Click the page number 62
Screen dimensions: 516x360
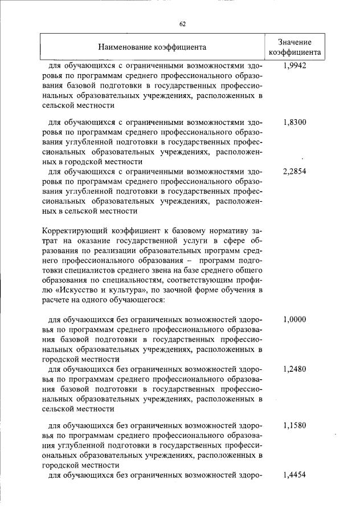183,24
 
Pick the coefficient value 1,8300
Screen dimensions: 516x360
294,122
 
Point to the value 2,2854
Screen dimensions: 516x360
294,172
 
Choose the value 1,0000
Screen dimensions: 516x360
294,319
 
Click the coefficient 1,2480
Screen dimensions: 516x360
294,369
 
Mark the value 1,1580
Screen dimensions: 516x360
294,425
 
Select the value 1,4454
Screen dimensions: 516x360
294,475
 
